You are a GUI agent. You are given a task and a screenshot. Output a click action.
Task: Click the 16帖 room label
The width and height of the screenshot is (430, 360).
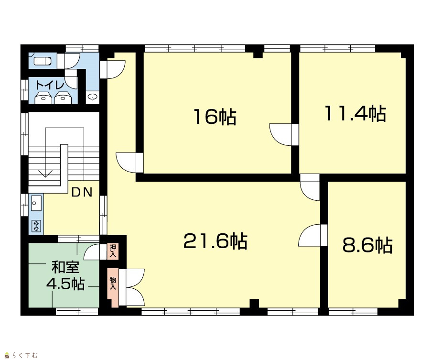click(x=215, y=117)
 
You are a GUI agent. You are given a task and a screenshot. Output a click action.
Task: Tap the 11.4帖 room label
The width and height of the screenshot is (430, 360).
click(x=355, y=113)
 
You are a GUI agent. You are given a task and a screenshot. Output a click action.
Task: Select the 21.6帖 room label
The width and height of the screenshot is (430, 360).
click(x=215, y=241)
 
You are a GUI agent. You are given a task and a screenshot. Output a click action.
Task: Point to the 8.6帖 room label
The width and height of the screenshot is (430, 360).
click(x=367, y=245)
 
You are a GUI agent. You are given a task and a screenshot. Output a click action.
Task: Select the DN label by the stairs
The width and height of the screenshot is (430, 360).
click(x=82, y=192)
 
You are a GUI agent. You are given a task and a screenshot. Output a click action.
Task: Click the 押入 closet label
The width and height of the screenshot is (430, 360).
click(x=113, y=251)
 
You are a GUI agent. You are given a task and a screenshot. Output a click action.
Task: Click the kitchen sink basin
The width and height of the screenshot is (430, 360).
click(x=36, y=203)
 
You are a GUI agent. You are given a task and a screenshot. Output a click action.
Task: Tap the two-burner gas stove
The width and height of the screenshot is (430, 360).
click(x=36, y=226)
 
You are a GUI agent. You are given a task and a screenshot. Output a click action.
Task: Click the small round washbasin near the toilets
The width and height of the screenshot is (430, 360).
click(x=93, y=97)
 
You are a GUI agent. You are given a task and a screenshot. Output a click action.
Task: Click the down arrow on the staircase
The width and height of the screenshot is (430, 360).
click(x=45, y=174)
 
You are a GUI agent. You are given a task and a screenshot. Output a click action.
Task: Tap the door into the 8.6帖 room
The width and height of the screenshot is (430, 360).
click(x=313, y=235)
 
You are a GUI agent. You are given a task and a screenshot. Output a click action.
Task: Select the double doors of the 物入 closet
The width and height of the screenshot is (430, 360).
click(x=132, y=287)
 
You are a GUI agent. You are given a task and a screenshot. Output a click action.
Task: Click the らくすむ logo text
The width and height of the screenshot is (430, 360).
click(x=23, y=356)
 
